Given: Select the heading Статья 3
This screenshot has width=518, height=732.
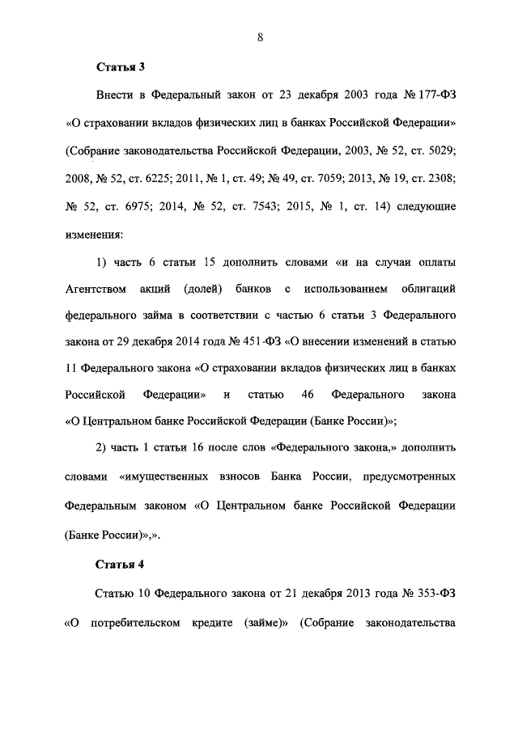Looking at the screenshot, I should (121, 67).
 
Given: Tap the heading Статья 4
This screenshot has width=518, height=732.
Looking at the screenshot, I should (121, 564).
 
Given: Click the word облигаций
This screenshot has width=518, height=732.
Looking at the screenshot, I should (427, 289).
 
